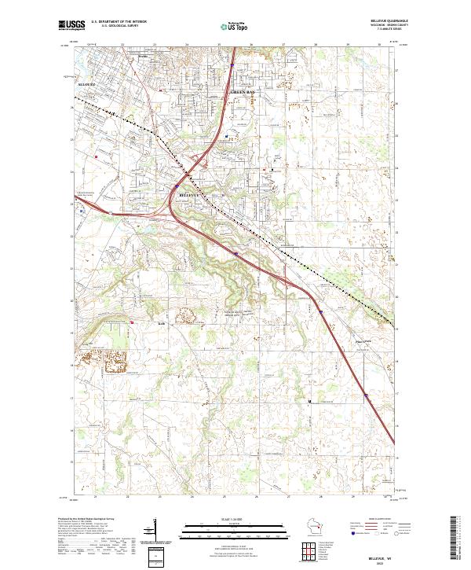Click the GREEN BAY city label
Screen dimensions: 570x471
242,92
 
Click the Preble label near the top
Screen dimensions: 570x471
142,57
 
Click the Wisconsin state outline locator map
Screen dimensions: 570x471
318,526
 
